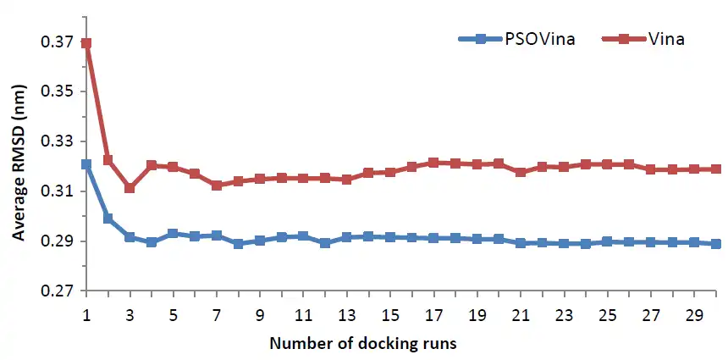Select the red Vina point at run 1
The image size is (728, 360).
pos(86,43)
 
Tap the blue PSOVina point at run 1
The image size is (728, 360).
pos(86,164)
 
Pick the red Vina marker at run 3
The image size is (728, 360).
pos(130,188)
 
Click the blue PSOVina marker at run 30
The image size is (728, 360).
pos(716,244)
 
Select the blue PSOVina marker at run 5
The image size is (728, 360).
pos(173,234)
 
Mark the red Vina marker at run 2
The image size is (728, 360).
pos(108,160)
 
